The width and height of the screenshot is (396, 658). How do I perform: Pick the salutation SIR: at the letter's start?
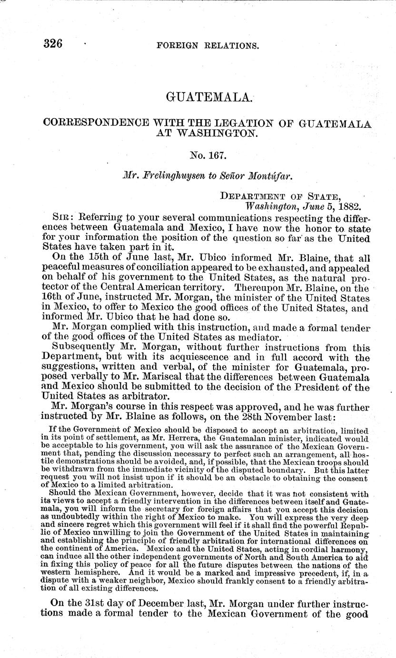(63, 217)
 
